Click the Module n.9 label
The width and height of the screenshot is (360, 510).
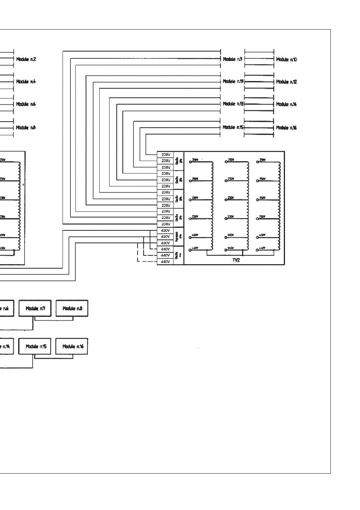pos(233,59)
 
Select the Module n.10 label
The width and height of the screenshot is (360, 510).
pos(286,59)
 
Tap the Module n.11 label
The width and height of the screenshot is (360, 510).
pos(233,81)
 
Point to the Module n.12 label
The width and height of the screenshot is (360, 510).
pos(286,82)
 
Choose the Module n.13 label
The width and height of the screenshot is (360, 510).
pos(233,104)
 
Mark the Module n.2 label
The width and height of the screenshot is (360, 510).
pos(26,59)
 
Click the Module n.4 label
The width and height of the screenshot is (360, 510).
pos(26,81)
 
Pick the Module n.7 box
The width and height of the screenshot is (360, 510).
pos(35,308)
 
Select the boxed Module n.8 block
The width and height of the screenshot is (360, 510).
pos(72,308)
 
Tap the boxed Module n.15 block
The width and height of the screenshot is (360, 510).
pos(35,346)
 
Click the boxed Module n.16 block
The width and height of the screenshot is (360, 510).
pos(72,346)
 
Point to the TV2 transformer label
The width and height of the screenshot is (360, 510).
pos(236,260)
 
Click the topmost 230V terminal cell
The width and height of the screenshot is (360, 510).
pos(166,155)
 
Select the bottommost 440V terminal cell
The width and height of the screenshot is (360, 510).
pos(165,262)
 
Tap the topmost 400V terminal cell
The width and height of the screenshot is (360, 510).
pos(165,230)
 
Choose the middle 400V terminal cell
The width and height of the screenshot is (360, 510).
pos(165,237)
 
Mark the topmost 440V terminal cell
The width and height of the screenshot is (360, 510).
pos(165,249)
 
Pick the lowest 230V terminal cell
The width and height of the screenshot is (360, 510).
pos(166,224)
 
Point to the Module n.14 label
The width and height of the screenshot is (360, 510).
pos(286,104)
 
